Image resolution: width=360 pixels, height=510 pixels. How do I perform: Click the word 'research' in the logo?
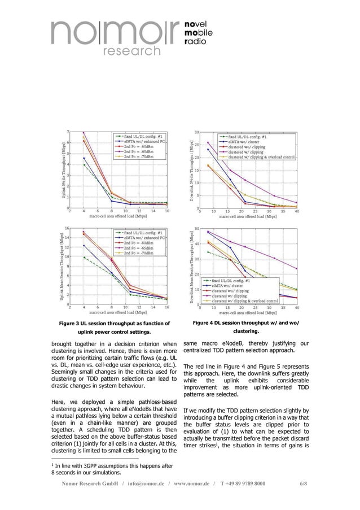130,51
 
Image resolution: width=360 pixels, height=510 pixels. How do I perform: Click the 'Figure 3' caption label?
72,323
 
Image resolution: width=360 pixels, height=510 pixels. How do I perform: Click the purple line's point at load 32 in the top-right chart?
274,195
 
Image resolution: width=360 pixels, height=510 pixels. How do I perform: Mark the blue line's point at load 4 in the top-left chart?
84,158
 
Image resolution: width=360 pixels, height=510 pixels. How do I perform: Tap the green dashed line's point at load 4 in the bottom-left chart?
84,258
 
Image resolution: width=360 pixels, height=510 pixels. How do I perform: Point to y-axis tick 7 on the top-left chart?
68,132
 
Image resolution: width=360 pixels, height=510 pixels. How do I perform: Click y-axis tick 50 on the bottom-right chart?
196,229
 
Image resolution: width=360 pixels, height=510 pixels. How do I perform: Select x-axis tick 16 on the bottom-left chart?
166,308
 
